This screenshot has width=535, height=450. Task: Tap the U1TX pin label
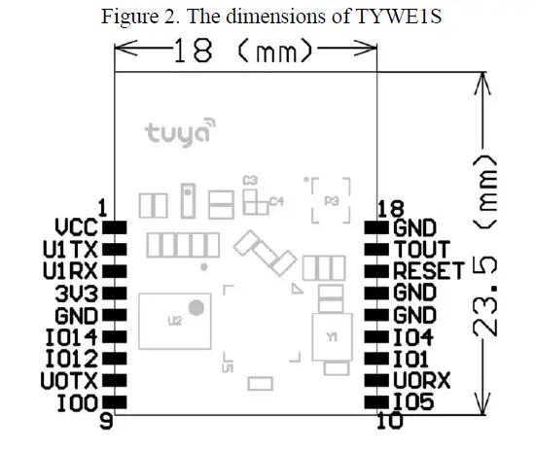[70, 249]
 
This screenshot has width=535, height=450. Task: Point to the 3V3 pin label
[77, 292]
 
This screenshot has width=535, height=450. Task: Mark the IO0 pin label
[77, 400]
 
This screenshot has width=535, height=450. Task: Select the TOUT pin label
[421, 250]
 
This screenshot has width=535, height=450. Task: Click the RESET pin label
[427, 272]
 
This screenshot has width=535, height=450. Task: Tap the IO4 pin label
[414, 337]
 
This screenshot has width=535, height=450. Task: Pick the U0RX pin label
[421, 380]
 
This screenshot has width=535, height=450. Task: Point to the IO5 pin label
[414, 400]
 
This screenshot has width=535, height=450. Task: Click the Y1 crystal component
[332, 339]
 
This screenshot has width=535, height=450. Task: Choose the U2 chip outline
[174, 320]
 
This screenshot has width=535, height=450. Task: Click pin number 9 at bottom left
[107, 423]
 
